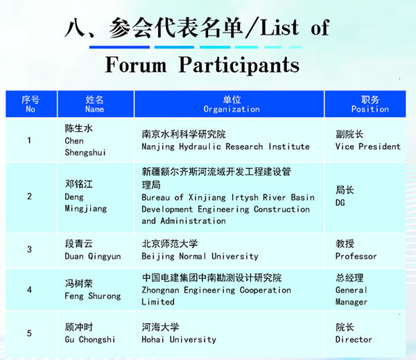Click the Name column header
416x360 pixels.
[95, 104]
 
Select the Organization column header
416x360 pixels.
[232, 104]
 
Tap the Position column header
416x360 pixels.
[370, 104]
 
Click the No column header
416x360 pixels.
[31, 104]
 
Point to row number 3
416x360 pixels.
[29, 249]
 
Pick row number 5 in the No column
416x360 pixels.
[29, 333]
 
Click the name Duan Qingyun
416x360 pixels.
[93, 257]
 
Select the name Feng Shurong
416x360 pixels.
[93, 296]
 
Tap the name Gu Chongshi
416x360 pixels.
[90, 340]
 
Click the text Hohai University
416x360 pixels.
[179, 340]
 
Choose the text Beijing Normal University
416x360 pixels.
[200, 257]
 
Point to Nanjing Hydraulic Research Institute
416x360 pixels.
[225, 146]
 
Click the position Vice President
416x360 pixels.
[367, 146]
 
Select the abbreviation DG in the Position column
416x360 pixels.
[340, 203]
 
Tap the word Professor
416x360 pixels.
[356, 257]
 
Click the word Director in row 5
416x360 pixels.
[354, 340]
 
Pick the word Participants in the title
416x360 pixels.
[239, 65]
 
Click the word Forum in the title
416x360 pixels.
[136, 65]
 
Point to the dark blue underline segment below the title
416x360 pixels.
[119, 47]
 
